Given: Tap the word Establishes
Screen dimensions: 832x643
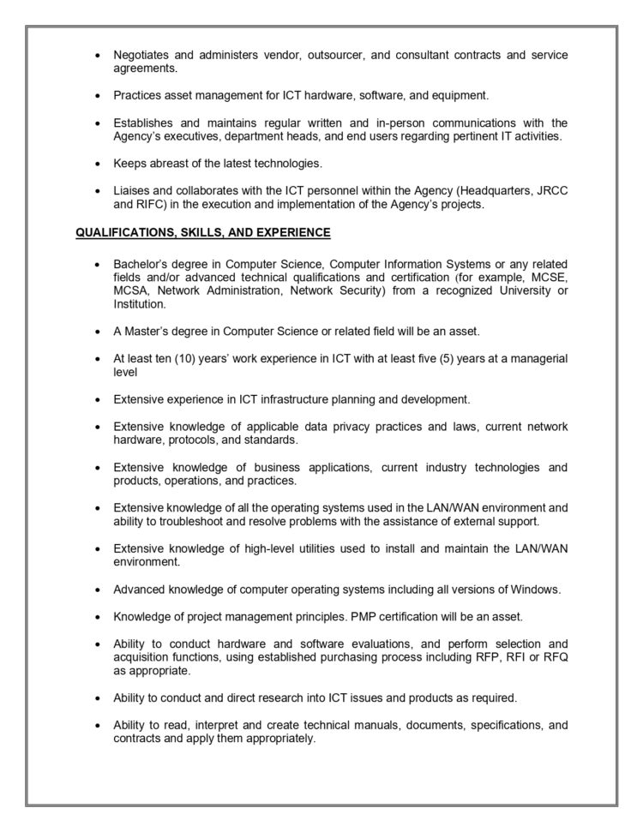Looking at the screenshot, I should (146, 123).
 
